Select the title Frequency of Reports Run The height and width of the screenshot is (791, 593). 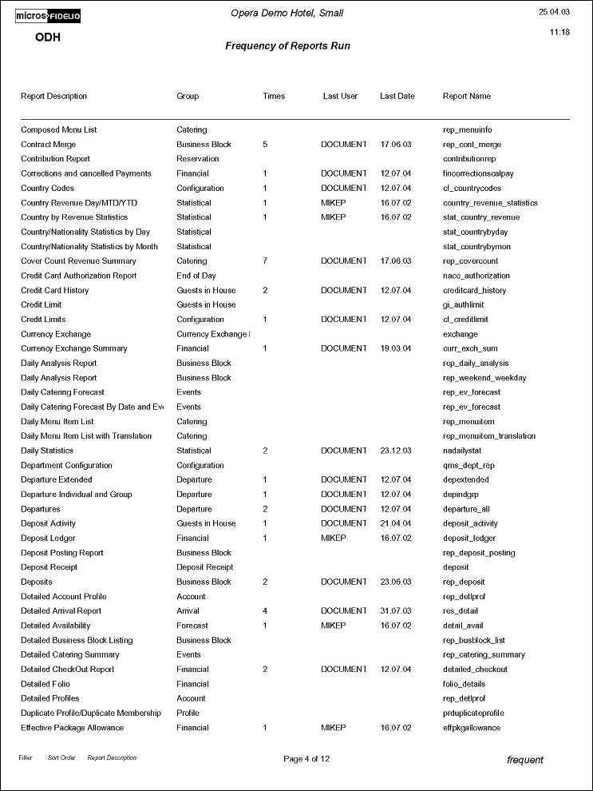[287, 46]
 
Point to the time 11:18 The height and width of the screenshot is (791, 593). [559, 34]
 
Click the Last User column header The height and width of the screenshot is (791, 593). [340, 97]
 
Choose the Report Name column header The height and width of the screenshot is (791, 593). [467, 97]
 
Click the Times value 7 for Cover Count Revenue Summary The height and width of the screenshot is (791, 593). [264, 261]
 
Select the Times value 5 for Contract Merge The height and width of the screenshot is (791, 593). [264, 145]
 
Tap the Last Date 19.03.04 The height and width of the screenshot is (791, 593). [396, 348]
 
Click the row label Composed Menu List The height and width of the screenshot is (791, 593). [58, 129]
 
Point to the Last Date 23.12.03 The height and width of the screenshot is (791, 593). [396, 451]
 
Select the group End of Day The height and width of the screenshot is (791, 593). [196, 276]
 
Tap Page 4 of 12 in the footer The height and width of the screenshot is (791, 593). [306, 759]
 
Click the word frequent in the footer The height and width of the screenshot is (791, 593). [525, 760]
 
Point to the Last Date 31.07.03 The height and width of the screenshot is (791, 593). [396, 611]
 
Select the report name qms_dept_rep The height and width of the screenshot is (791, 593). [468, 465]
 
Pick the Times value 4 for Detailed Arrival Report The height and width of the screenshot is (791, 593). [264, 611]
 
